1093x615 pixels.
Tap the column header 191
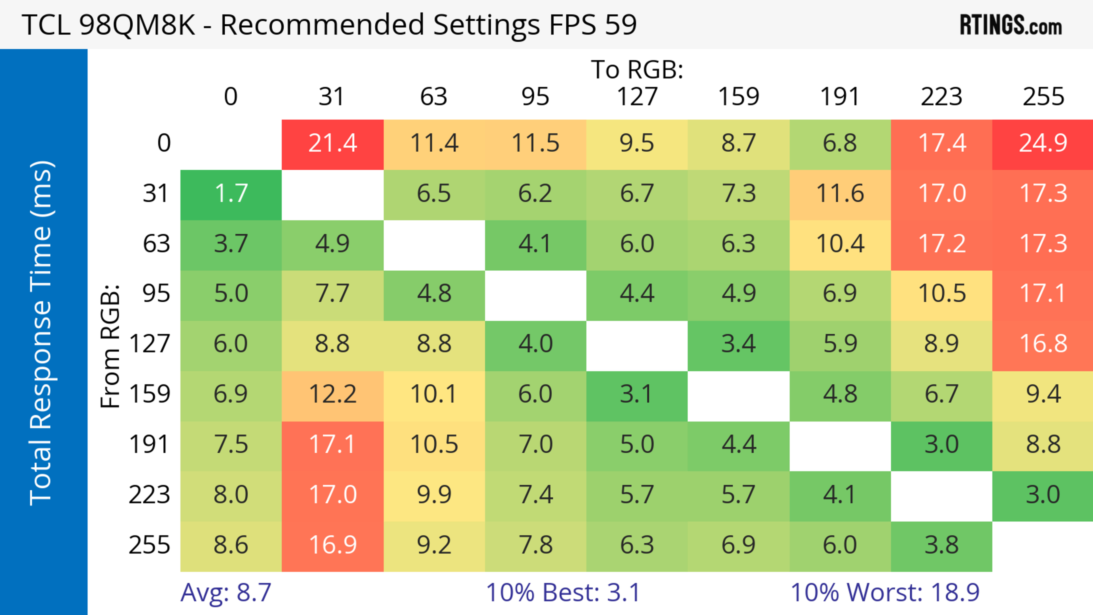point(840,97)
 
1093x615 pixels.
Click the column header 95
point(535,97)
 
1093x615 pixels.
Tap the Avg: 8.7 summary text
point(226,593)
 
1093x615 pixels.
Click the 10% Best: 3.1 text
point(563,593)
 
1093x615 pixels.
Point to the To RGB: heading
point(637,70)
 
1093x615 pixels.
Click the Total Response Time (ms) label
point(42,333)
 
